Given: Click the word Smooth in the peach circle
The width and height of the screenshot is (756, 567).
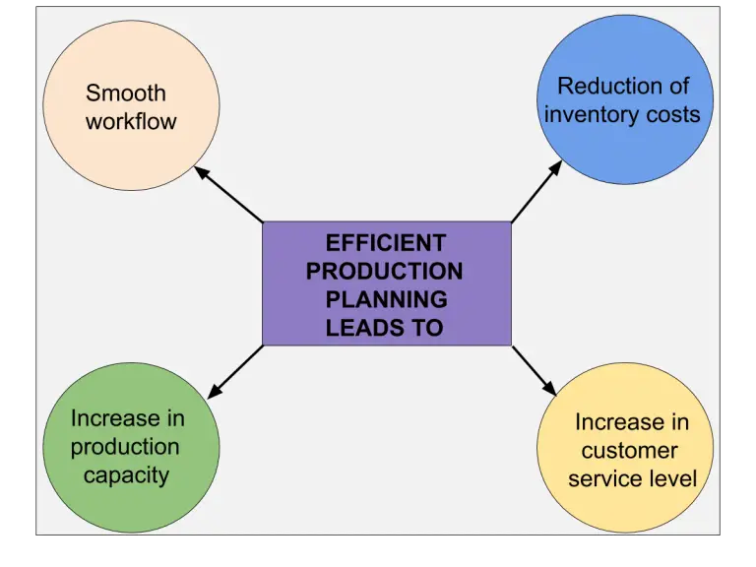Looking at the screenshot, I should coord(126,94).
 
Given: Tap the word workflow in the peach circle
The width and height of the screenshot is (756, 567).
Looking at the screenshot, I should coord(131,122).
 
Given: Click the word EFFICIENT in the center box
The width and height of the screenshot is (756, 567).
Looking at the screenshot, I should coord(385,243).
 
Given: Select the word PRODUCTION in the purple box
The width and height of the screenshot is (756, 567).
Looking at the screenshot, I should coord(385,271).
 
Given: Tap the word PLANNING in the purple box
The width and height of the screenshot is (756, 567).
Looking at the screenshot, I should coord(386,299).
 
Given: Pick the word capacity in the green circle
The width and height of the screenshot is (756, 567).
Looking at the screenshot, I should coord(127,475).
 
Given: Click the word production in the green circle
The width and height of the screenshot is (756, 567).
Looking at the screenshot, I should coord(125,447).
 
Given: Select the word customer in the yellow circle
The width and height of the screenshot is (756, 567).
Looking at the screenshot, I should coord(629,451).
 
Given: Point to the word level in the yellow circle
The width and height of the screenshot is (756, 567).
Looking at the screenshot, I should coord(672,479).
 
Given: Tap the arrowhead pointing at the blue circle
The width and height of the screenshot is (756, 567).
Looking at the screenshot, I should coord(554,168).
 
